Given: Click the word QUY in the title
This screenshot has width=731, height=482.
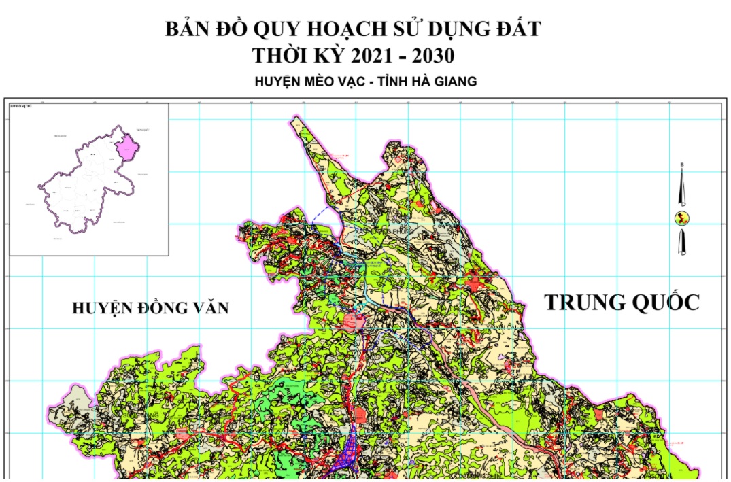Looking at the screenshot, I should (277, 29).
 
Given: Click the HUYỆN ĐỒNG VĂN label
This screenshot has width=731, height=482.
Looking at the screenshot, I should (150, 308).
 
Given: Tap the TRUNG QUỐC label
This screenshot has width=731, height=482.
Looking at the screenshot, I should (622, 302).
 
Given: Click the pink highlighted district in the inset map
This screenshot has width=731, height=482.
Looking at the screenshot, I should (126, 147).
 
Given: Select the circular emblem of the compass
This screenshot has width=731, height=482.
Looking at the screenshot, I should (682, 218).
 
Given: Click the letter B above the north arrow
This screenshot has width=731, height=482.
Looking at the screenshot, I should (682, 165).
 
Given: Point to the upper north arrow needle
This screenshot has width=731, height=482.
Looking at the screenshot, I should (682, 187).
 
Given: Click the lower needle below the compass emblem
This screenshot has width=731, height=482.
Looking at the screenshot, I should (682, 242).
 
